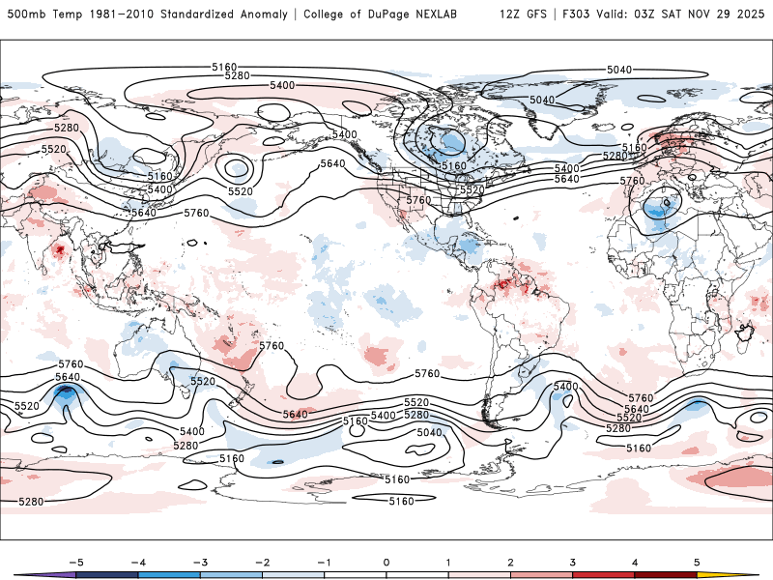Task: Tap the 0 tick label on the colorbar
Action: pyautogui.click(x=386, y=562)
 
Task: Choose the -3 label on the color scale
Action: pyautogui.click(x=200, y=562)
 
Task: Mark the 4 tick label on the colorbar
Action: pyautogui.click(x=635, y=562)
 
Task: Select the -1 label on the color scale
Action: pyautogui.click(x=324, y=562)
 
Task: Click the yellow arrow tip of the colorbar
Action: pyautogui.click(x=748, y=575)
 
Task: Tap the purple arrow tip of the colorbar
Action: pyautogui.click(x=25, y=575)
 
